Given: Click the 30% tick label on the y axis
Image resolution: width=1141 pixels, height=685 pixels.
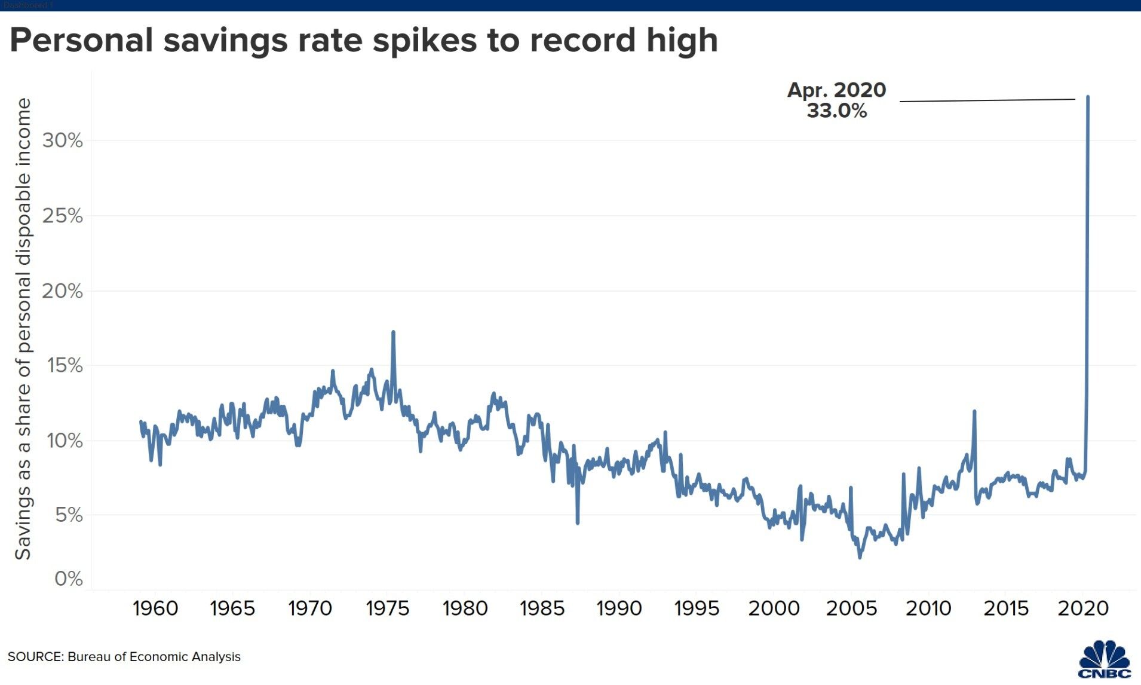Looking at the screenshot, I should [62, 140].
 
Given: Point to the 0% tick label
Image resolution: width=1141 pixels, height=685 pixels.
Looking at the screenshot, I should [68, 579].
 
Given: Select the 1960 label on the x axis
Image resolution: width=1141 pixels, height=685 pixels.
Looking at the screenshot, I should [155, 608].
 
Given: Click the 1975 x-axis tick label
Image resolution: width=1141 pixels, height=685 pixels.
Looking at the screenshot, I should [387, 608].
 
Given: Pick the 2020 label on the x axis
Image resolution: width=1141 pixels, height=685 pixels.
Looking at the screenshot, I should [1083, 608].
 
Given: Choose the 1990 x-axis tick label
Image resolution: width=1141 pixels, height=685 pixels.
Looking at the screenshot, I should [619, 608].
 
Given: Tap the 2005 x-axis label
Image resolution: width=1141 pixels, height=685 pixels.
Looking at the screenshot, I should [851, 608].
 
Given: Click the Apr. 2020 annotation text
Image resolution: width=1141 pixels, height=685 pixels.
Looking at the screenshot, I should [836, 90].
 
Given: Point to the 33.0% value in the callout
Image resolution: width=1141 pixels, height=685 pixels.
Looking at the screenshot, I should [836, 111].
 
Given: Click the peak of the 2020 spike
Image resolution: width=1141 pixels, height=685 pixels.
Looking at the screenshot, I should [1088, 97].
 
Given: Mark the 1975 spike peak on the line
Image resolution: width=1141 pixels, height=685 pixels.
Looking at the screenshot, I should [393, 332].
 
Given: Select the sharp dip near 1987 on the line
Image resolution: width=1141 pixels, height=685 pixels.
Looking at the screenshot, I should [578, 523].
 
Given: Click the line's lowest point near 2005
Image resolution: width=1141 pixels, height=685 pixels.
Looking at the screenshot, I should [860, 557].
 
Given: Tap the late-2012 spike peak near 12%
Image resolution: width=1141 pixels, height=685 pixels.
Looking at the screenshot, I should [974, 411].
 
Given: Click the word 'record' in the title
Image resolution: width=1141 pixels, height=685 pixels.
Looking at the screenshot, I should [582, 41].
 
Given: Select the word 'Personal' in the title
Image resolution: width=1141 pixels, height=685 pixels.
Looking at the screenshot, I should [81, 41].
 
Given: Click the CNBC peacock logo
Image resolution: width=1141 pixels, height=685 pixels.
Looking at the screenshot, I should [1105, 659].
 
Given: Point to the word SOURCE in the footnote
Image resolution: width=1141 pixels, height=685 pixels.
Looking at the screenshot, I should [35, 657].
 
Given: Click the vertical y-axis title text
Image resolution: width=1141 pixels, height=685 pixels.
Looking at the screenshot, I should [23, 329].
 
